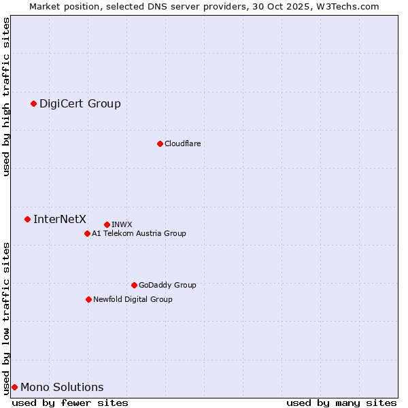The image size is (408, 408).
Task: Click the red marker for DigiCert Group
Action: coord(33,103)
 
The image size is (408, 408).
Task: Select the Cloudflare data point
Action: coord(160,143)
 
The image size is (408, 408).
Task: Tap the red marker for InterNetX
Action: coord(27,219)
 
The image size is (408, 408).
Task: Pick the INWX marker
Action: coord(107,224)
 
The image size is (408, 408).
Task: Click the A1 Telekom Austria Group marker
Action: coord(87,233)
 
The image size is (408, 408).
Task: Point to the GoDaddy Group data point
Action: coord(134,285)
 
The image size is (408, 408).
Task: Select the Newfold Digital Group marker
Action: coord(88,299)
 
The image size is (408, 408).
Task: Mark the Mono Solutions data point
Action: coord(14,387)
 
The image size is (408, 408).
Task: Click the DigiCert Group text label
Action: coord(80,103)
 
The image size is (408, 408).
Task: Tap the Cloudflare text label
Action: coord(182,143)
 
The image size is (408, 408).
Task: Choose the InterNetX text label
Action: coord(60,219)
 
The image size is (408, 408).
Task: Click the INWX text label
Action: coord(122,224)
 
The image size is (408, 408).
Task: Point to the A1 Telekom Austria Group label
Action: coord(139,233)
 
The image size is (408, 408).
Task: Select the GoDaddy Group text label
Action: coord(167,285)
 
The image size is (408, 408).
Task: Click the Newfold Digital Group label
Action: coord(133,299)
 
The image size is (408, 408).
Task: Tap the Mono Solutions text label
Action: coord(62,387)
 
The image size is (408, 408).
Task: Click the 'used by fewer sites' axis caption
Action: coord(70,403)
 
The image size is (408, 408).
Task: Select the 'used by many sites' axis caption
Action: coord(341,403)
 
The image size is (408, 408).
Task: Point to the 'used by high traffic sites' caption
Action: coord(6,97)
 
